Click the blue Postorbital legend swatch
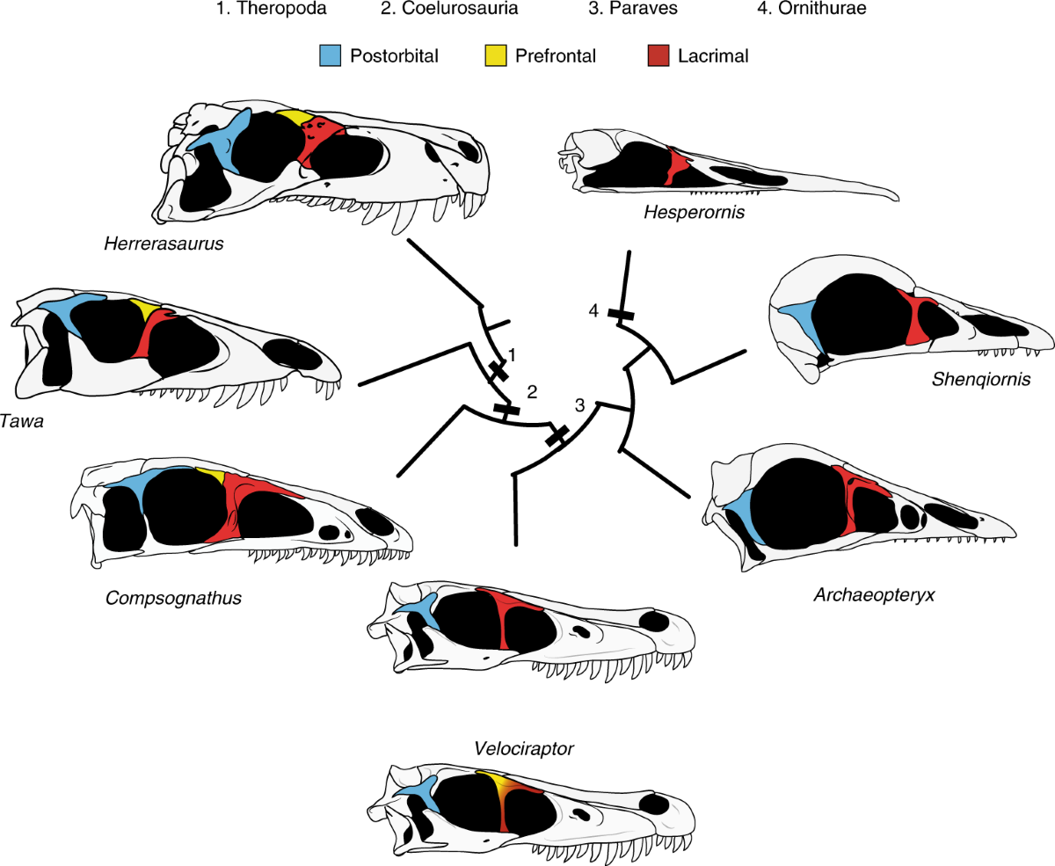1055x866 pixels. pos(330,56)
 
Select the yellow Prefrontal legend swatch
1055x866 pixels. pos(495,56)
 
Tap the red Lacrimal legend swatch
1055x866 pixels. pos(658,56)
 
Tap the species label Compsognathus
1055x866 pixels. pos(173,598)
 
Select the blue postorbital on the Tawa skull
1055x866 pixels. pos(66,310)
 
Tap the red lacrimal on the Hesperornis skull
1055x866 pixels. pos(676,166)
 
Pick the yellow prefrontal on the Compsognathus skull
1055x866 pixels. pos(211,475)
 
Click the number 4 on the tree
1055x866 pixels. pos(594,310)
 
